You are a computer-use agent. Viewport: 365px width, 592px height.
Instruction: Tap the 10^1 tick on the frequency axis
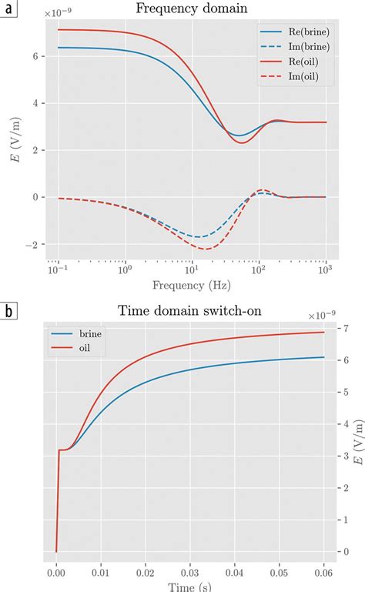coord(191,272)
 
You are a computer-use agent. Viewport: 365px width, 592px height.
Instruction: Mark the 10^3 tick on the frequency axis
coord(326,272)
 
